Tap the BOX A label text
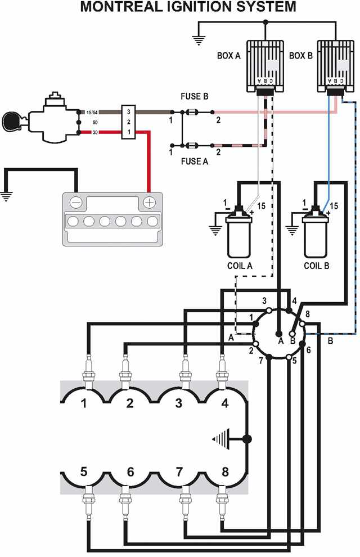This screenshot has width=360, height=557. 229,56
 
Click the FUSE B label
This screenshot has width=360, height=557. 194,97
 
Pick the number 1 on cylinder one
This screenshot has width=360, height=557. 84,403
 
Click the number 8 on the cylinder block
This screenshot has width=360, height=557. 225,472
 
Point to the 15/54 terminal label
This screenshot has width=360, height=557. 92,113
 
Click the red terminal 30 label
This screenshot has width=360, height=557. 95,132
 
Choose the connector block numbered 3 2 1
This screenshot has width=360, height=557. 128,122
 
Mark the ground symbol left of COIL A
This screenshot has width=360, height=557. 215,228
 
